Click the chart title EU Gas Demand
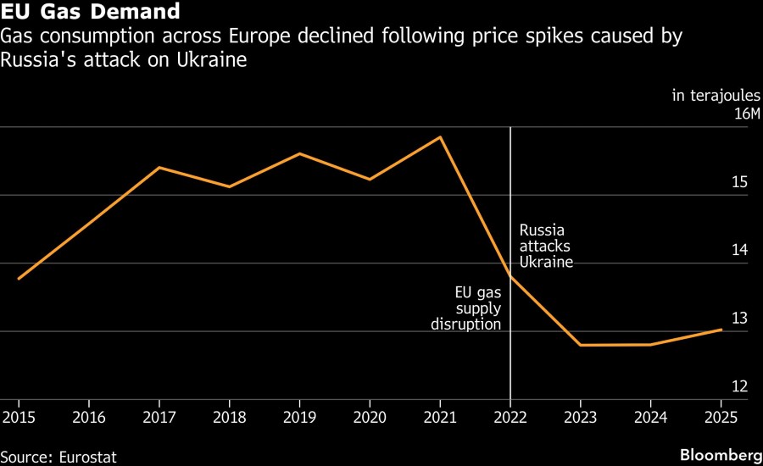point(90,13)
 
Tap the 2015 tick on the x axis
point(18,417)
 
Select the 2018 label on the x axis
point(229,417)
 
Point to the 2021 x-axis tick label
point(440,417)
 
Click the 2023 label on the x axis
point(581,417)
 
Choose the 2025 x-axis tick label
point(721,417)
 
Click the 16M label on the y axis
point(747,114)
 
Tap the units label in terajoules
point(716,96)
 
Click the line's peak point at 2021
point(440,136)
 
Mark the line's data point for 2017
point(159,167)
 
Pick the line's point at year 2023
point(581,345)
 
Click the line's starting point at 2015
point(19,278)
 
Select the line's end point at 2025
point(721,329)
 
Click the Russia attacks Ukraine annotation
point(546,246)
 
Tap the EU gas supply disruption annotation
point(466,308)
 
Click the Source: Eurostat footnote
point(58,457)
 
